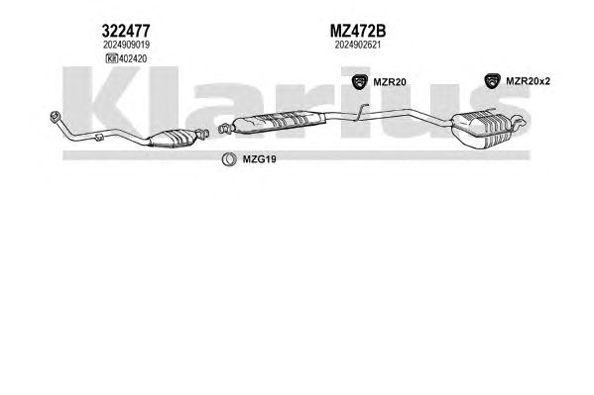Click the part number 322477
click(126, 31)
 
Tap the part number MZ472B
click(358, 31)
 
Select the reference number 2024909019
click(126, 45)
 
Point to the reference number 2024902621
click(358, 45)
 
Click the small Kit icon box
click(112, 58)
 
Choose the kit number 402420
click(133, 58)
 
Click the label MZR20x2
click(528, 81)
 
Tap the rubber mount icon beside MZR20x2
click(492, 81)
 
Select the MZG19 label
click(259, 159)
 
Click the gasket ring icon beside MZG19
click(229, 159)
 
